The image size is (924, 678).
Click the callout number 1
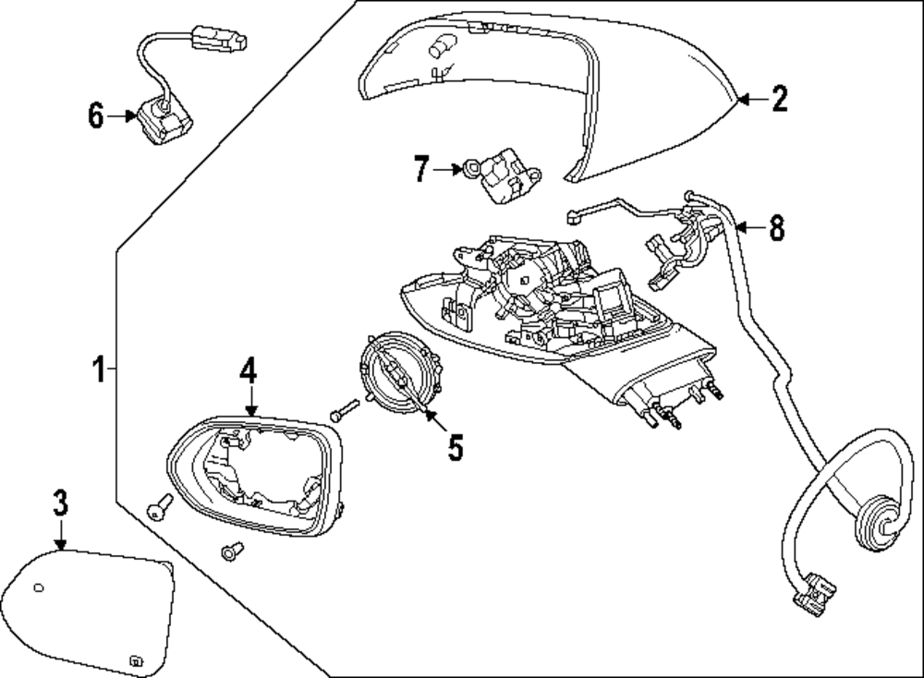tap(99, 369)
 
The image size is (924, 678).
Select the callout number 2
tap(779, 99)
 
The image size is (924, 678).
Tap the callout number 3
tap(60, 503)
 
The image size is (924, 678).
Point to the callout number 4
tap(248, 371)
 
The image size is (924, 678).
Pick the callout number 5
tap(455, 448)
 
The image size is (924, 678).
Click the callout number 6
tap(96, 115)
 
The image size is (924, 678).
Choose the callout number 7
tap(420, 169)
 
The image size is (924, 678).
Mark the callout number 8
tap(777, 227)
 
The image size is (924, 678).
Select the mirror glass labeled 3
tap(87, 612)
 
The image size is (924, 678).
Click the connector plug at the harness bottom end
tap(815, 594)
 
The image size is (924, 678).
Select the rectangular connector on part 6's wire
tap(219, 37)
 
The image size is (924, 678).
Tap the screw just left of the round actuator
tap(346, 410)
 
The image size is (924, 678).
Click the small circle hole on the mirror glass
tap(38, 587)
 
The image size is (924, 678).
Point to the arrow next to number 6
tap(122, 116)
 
